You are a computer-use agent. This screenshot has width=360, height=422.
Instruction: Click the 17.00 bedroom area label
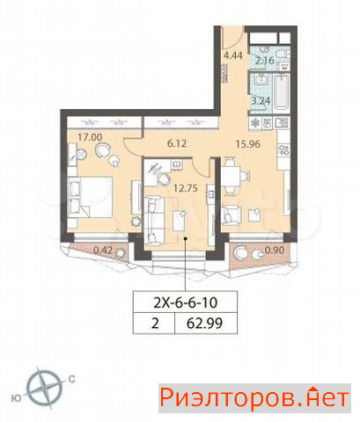(90, 137)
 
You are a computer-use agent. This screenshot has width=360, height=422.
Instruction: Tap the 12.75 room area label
(186, 188)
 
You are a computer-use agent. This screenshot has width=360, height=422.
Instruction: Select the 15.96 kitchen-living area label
(248, 144)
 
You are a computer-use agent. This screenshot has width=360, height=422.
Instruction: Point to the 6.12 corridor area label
(177, 143)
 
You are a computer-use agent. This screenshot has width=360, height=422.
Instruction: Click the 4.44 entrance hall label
(233, 55)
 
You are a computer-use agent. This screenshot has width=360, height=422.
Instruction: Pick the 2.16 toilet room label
(264, 61)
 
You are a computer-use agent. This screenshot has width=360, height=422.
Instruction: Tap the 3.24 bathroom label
(261, 101)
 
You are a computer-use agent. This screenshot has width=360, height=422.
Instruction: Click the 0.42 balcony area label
(103, 251)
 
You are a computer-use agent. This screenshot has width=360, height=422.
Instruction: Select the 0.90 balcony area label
(275, 250)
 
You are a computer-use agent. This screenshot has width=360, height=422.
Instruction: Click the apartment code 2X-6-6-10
(186, 302)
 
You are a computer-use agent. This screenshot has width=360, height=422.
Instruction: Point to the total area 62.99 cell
(205, 324)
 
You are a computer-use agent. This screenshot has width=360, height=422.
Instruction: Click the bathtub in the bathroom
(282, 92)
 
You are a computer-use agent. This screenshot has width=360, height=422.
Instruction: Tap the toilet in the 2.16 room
(283, 54)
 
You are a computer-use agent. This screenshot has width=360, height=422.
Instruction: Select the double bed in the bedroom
(91, 197)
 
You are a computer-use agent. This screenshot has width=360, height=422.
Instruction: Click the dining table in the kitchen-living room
(231, 177)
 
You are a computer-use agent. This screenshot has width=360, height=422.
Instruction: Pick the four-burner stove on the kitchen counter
(283, 150)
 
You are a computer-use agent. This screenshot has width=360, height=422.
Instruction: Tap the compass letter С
(71, 379)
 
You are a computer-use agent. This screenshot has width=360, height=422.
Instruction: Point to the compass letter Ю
(16, 398)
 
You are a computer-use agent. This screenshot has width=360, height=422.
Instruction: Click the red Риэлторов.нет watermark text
(254, 398)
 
